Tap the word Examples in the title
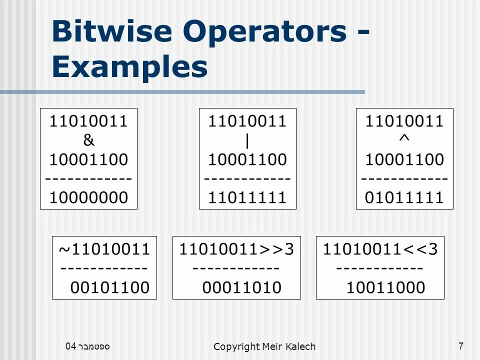(129, 67)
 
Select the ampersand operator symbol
(88, 141)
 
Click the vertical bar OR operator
(247, 141)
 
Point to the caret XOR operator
(404, 139)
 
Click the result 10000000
(88, 198)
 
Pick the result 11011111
(247, 198)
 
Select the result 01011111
(404, 198)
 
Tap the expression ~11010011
(104, 248)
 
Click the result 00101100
(110, 287)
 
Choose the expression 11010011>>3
(236, 248)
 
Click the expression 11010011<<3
(380, 248)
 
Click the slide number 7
(460, 345)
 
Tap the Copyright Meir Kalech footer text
(264, 346)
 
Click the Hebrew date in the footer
(88, 345)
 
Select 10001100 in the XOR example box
(404, 160)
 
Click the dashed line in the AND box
(88, 179)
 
